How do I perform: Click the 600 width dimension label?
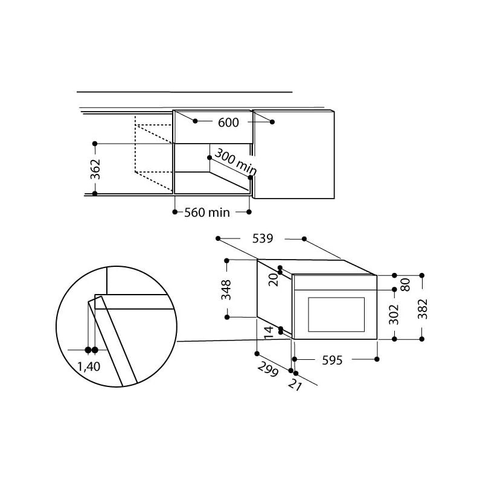click(x=228, y=123)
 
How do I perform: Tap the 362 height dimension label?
click(x=95, y=169)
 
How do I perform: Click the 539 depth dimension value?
click(x=262, y=238)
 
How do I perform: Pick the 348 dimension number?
click(x=226, y=289)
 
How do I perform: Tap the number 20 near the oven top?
click(x=272, y=279)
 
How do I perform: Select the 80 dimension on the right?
click(x=406, y=284)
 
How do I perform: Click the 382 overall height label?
click(x=422, y=309)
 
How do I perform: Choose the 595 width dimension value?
click(x=331, y=360)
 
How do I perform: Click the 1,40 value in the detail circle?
click(x=89, y=366)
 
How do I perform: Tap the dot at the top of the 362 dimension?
click(x=95, y=143)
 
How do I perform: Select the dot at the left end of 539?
click(x=218, y=238)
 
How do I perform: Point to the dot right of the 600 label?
click(x=272, y=122)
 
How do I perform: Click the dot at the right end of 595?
click(x=377, y=359)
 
